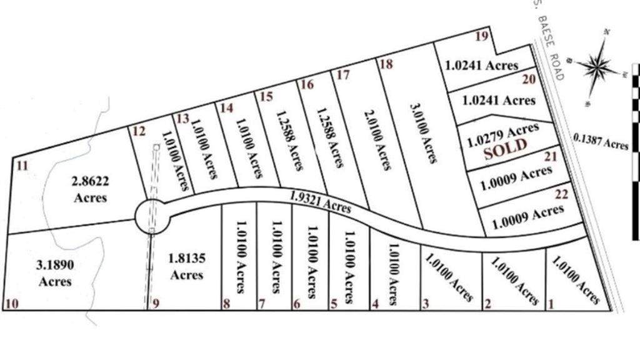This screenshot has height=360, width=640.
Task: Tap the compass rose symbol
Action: [x=598, y=63]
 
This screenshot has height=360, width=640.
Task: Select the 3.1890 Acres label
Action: [x=55, y=273]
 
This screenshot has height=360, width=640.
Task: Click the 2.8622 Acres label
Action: [x=90, y=189]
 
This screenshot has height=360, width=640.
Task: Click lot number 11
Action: [x=22, y=166]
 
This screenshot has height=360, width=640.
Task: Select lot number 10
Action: [x=11, y=304]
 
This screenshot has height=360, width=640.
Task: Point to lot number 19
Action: [x=481, y=36]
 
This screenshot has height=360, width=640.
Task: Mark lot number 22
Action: [x=561, y=195]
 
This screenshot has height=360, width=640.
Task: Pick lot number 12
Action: [x=139, y=131]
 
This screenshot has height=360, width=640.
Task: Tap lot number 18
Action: [x=386, y=64]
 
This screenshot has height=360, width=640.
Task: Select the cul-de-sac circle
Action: [x=152, y=217]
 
